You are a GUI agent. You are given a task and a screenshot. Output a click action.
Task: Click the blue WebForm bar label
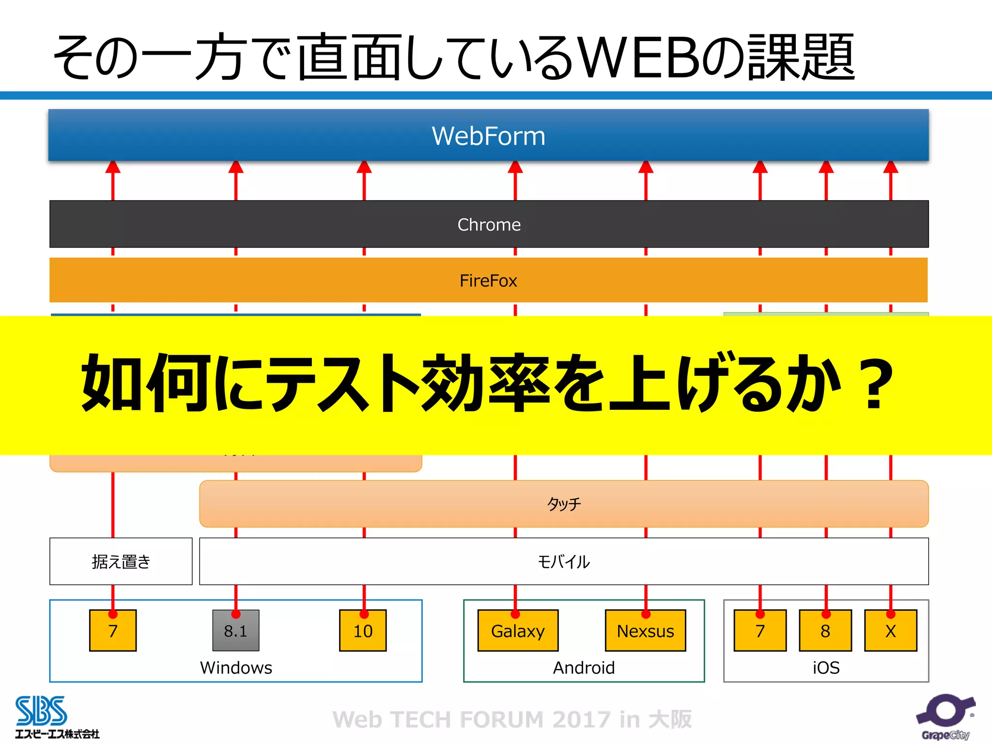(x=488, y=136)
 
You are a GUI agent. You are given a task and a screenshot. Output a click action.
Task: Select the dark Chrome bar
(x=489, y=224)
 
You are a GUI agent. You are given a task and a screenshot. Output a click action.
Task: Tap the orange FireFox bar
(x=488, y=280)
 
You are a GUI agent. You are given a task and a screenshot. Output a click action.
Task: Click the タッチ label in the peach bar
(x=564, y=504)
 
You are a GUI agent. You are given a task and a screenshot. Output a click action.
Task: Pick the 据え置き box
(x=121, y=561)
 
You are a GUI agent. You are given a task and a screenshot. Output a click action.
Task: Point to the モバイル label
(x=564, y=562)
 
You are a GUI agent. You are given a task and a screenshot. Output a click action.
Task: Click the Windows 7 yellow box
(x=113, y=631)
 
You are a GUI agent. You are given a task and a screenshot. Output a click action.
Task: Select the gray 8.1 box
(x=236, y=631)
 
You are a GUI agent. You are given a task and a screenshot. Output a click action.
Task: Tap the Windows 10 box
(x=363, y=631)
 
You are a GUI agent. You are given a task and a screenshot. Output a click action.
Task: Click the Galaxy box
(x=518, y=631)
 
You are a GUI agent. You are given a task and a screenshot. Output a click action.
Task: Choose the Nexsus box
(x=645, y=631)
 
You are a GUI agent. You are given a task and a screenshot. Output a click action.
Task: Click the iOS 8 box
(x=825, y=631)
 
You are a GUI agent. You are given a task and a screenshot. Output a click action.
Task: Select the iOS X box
(x=890, y=631)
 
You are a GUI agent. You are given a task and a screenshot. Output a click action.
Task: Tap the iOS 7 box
(x=760, y=631)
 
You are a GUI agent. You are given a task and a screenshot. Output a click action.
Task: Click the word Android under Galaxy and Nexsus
(x=584, y=668)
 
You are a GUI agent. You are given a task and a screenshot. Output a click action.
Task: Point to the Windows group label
(x=236, y=668)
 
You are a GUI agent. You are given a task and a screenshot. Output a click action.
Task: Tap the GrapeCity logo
(x=945, y=717)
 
